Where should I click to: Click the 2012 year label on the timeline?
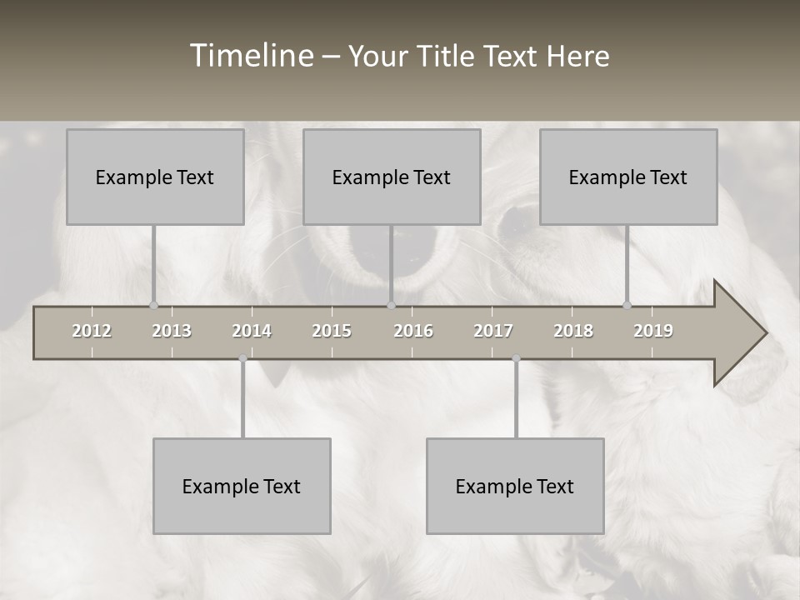(x=92, y=331)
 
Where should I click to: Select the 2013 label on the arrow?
(x=172, y=331)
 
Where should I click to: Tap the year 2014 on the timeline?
(x=252, y=331)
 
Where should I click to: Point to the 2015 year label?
(x=332, y=331)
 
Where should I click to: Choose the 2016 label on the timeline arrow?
(x=413, y=331)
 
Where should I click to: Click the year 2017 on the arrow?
(x=493, y=331)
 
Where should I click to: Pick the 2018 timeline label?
(x=573, y=331)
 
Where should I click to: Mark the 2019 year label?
(x=653, y=331)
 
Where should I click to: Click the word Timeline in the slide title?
(x=251, y=56)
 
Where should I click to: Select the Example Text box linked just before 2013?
(x=155, y=177)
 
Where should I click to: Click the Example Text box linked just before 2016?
(x=392, y=177)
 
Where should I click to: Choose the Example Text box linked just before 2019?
(x=628, y=177)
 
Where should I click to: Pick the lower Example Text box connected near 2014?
(x=242, y=486)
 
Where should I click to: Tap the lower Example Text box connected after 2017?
(x=515, y=486)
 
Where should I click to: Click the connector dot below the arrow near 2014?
(x=242, y=358)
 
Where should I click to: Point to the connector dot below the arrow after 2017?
(x=516, y=358)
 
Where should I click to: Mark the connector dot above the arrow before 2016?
(x=391, y=305)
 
